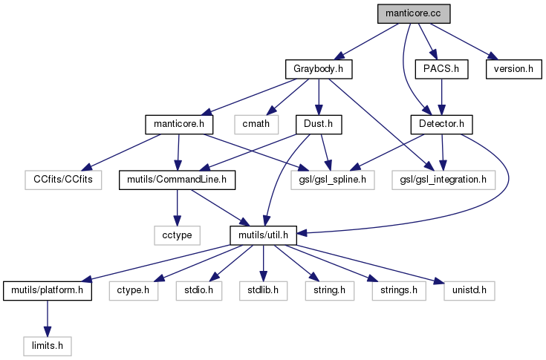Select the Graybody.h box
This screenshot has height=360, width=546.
point(318,70)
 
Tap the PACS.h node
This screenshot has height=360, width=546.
point(442,70)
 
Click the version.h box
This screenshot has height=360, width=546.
point(510,70)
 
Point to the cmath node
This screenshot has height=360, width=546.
point(256,123)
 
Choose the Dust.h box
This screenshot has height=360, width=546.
point(318,123)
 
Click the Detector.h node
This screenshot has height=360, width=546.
point(442,123)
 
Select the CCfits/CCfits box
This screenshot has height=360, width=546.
point(62,179)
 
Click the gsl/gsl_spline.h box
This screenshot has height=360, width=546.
point(328,179)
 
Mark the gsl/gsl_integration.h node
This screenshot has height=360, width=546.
point(443,179)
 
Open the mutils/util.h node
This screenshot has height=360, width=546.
point(263,235)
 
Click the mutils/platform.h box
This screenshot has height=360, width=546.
point(48,289)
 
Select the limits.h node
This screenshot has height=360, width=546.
point(48,345)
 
